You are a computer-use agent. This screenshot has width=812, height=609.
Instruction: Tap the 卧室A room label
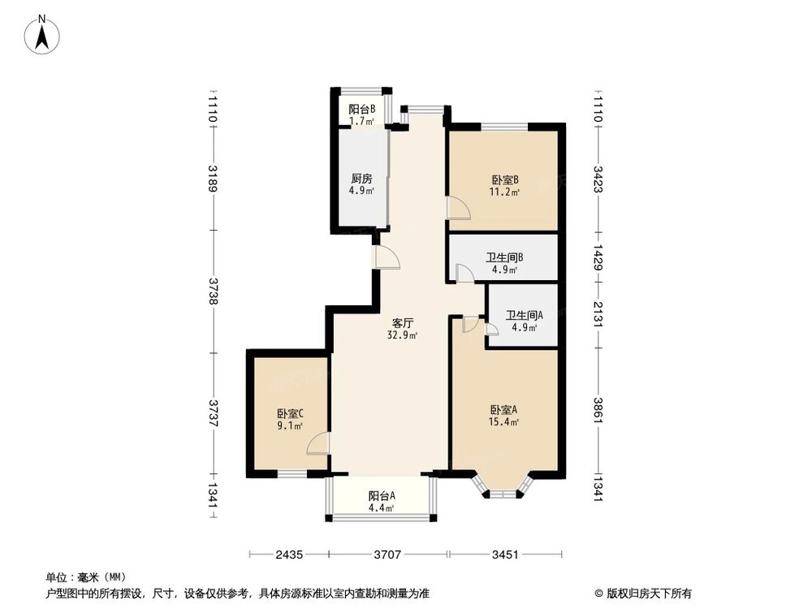(x=504, y=415)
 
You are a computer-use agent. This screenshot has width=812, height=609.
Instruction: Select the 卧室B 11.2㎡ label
(x=504, y=186)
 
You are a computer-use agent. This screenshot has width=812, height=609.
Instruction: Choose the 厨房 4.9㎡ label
(x=361, y=184)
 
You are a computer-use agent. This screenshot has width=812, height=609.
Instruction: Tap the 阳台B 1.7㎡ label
(x=361, y=114)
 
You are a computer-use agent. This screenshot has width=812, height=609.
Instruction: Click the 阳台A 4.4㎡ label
(x=381, y=501)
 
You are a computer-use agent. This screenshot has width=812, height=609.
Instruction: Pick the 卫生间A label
(x=524, y=321)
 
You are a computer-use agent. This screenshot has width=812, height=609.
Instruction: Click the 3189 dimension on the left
(x=213, y=178)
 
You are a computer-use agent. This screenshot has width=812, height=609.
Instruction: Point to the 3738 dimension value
(x=213, y=291)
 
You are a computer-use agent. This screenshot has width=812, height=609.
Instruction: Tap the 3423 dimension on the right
(x=598, y=178)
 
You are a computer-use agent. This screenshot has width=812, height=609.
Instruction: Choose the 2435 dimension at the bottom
(x=288, y=555)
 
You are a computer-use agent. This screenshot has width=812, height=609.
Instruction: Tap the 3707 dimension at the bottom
(x=388, y=555)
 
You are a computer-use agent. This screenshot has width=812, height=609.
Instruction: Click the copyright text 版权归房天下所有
(x=649, y=594)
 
